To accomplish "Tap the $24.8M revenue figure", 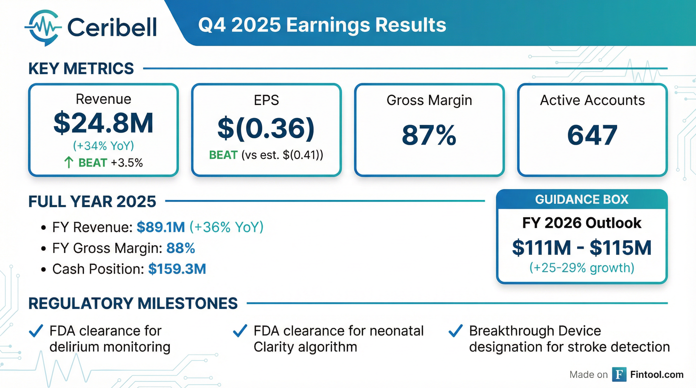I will click(x=103, y=123).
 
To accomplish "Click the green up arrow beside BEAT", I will click(x=69, y=163).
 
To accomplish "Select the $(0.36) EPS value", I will click(x=266, y=129).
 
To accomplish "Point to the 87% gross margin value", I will click(x=429, y=135).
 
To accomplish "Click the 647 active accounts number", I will click(x=592, y=135).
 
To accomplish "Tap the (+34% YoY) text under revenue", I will click(x=103, y=146).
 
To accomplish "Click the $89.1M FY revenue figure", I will click(x=161, y=227).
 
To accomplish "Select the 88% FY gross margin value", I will click(x=181, y=248).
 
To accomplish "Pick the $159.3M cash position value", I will click(x=177, y=269).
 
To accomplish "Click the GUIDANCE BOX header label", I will click(x=582, y=200).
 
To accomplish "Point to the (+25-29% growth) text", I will click(x=582, y=268).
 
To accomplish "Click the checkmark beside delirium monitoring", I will click(x=36, y=331).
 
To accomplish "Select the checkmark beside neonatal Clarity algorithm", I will click(x=240, y=331).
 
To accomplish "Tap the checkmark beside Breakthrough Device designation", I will click(x=455, y=331).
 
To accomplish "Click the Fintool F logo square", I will click(x=619, y=375).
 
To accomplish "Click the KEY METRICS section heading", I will click(x=81, y=68).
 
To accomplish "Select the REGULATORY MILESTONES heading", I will click(x=133, y=303).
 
